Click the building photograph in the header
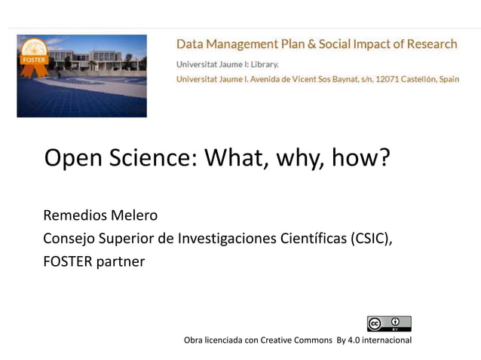90,75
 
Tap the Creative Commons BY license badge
389,323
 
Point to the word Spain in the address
446,79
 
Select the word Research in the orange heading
431,44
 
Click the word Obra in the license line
194,340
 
